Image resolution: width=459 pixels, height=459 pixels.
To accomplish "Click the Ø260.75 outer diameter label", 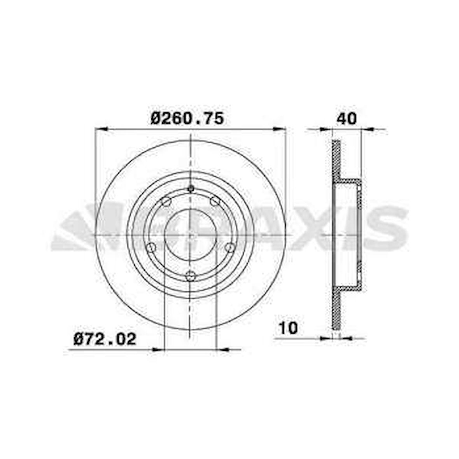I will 187,118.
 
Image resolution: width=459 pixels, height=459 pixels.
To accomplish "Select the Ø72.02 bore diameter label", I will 105,339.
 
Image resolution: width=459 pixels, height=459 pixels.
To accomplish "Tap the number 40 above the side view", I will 346,118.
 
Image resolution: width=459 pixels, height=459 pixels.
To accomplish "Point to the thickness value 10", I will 288,328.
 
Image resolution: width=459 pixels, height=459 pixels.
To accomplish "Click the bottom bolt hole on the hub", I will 190,276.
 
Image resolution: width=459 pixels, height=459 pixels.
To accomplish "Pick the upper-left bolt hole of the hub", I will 166,201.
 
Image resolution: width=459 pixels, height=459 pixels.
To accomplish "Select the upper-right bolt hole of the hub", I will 215,201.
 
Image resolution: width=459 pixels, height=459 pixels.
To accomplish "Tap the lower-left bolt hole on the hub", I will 151,247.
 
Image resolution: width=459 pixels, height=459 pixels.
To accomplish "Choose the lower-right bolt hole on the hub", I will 230,247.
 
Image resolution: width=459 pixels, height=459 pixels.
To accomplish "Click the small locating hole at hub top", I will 191,189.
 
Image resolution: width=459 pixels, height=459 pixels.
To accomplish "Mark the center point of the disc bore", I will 191,235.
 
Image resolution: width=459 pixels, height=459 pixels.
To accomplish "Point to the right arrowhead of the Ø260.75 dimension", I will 280,129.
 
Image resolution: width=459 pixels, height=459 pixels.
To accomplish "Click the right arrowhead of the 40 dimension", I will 368,129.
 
